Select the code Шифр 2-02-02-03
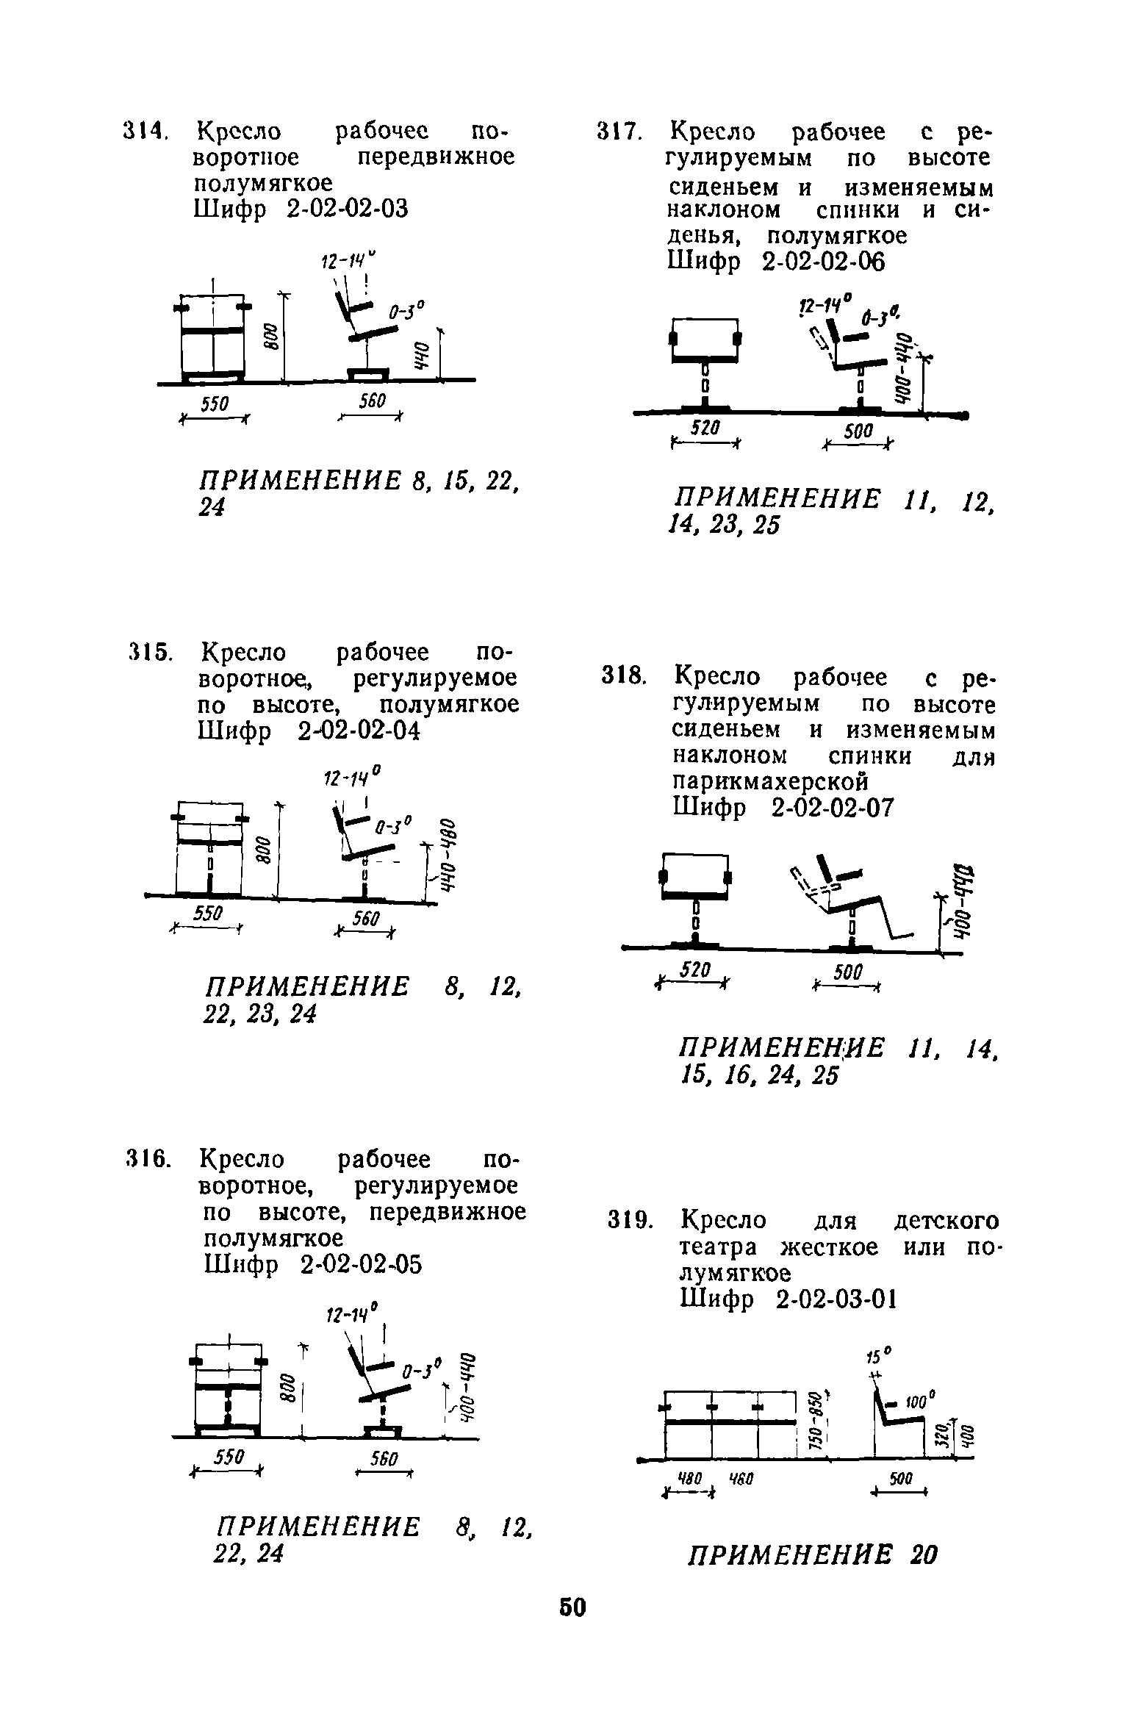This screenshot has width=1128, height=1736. pos(301,209)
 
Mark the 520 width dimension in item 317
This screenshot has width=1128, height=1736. pos(704,428)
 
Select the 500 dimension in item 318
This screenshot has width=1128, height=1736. pos(847,973)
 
